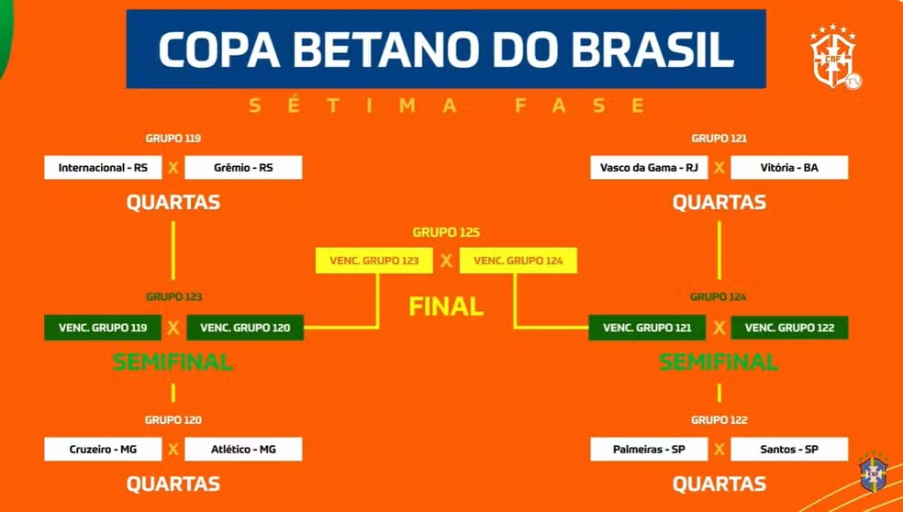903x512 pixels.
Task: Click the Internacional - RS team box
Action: tap(103, 168)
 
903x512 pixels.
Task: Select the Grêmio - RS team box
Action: tap(243, 168)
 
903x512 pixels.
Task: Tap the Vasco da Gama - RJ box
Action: tap(649, 168)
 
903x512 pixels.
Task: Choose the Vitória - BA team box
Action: tap(789, 168)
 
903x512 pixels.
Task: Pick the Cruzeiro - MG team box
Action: tap(103, 450)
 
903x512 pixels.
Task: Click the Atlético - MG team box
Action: tap(243, 450)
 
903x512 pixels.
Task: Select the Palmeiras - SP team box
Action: tap(649, 450)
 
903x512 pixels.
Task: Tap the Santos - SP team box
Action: tap(789, 450)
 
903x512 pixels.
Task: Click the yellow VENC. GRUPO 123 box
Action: tap(373, 261)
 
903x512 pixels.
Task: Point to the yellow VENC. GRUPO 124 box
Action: tap(518, 261)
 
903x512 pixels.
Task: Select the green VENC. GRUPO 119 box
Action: tap(103, 328)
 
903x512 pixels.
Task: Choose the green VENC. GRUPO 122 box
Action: tap(789, 328)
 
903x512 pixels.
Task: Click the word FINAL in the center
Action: tap(446, 306)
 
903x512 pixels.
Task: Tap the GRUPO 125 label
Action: tap(446, 233)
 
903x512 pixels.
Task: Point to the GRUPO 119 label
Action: tap(173, 139)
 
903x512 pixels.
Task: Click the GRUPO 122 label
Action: tap(719, 420)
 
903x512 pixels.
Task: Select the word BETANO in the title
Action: tap(384, 49)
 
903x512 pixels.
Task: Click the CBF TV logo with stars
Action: tap(836, 57)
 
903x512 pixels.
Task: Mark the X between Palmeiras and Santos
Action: tap(719, 450)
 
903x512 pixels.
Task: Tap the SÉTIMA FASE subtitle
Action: tap(446, 106)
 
